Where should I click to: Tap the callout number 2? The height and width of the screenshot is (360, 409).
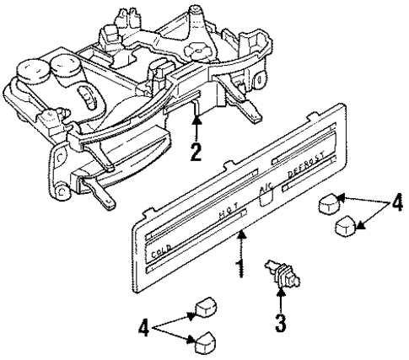(x=196, y=154)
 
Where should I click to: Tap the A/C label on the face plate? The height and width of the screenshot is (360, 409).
(x=264, y=191)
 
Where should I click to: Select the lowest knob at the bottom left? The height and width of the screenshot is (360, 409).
(x=202, y=341)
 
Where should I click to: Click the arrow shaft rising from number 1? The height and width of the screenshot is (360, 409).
(x=243, y=250)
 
